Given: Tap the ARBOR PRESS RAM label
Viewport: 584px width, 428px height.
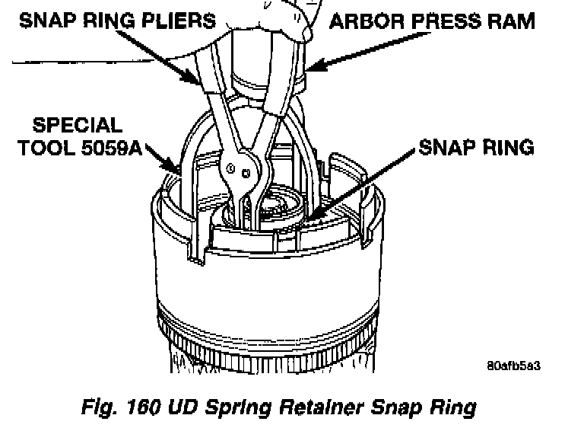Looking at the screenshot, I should coord(431,21).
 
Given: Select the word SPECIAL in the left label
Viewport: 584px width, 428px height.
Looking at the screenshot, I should coord(76,126).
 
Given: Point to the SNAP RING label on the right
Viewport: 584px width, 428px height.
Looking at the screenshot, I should coord(476,147).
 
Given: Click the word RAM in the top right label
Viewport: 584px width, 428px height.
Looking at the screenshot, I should coord(512,21).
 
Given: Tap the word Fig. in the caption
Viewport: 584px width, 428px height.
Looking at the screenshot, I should coord(97,407).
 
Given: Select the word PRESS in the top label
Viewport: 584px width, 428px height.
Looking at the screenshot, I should coord(441,21).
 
